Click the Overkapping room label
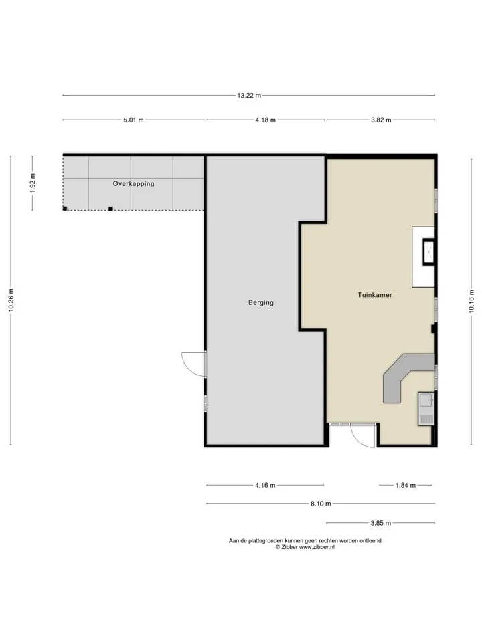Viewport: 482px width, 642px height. coord(134,183)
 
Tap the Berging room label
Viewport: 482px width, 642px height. coord(260,302)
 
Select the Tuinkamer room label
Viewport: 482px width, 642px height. coord(375,295)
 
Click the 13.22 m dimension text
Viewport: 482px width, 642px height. coord(249,96)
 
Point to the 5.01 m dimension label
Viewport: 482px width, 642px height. coord(134,120)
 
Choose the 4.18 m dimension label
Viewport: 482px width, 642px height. coord(265,120)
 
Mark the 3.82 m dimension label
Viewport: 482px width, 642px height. coord(381,120)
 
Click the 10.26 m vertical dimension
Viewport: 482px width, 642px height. coord(11,300)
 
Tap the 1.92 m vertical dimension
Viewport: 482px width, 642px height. coord(33,183)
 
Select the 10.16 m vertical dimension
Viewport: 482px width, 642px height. coord(471,302)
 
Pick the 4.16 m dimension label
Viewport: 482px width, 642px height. coord(265,486)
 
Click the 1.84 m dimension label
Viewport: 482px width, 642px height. coord(406,486)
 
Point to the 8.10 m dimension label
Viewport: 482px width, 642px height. coord(321,504)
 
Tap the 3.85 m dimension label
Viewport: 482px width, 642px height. coord(381,523)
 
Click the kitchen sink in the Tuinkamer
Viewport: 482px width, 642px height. coord(426,409)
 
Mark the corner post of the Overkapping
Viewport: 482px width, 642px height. coord(65,209)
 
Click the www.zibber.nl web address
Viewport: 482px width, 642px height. coord(317,547)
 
